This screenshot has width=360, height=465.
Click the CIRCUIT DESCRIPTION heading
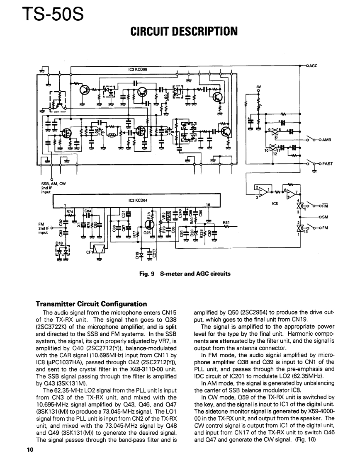184,31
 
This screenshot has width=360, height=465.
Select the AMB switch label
327,140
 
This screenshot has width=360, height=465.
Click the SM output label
325,216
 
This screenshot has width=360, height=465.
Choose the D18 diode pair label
59,245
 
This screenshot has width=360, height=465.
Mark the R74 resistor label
70,211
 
